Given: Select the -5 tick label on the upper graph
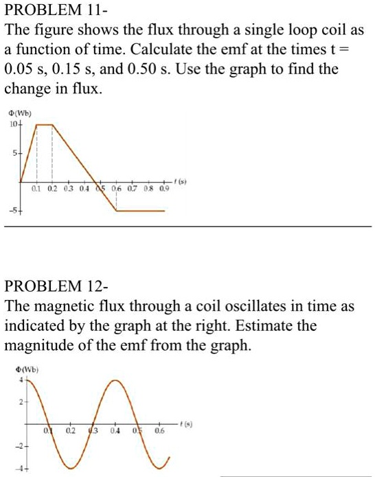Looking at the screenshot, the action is (12, 211).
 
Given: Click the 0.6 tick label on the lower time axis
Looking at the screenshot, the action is (160, 431).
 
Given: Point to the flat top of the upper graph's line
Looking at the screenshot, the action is (45, 125).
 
